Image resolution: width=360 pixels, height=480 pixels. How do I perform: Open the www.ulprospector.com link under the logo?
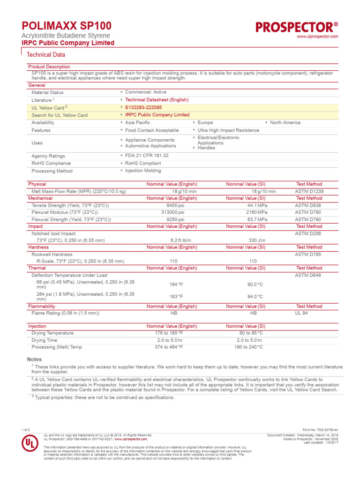pyautogui.click(x=317, y=37)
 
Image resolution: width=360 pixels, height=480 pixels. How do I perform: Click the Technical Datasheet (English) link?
pyautogui.click(x=157, y=100)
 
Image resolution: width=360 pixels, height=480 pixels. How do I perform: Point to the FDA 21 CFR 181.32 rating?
pyautogui.click(x=147, y=156)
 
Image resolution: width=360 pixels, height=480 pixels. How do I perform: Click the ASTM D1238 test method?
pyautogui.click(x=309, y=191)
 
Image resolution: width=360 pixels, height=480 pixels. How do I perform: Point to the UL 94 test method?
pyautogui.click(x=301, y=313)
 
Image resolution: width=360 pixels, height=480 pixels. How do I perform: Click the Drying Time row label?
pyautogui.click(x=44, y=340)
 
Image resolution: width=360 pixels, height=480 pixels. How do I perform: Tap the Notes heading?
pyautogui.click(x=35, y=359)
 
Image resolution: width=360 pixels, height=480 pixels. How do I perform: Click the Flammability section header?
pyautogui.click(x=42, y=306)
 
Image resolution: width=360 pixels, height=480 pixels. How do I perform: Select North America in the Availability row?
pyautogui.click(x=285, y=122)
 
